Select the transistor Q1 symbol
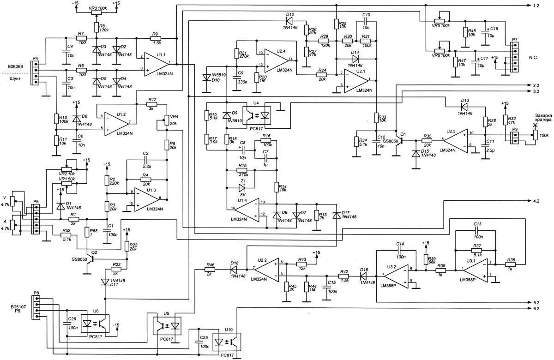pos(400,141)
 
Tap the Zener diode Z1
pos(241,188)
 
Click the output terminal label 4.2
pos(537,202)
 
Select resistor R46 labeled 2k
pos(210,269)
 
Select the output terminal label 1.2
pos(537,6)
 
